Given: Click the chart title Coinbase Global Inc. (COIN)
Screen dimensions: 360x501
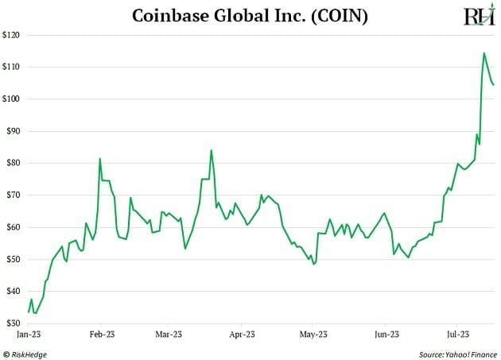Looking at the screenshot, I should point(250,15).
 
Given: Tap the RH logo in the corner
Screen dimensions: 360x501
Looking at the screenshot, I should point(478,16).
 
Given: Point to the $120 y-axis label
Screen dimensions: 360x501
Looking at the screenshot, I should point(12,35).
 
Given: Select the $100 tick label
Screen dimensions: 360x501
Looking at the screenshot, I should point(12,99).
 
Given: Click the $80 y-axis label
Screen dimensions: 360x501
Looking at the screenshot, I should point(12,163).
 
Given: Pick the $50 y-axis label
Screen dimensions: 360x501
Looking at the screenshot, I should point(12,259).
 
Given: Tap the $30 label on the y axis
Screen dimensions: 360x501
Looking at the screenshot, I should point(12,323).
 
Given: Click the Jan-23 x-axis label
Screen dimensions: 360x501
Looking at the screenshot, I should point(29,335).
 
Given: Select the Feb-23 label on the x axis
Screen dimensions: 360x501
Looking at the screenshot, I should point(101,335).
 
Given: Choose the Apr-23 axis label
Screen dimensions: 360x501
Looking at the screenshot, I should point(242,335).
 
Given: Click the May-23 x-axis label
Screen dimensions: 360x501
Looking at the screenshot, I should point(313,335).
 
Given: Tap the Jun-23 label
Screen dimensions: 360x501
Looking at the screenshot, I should point(385,335).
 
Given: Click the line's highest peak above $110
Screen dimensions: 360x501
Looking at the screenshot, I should point(484,53).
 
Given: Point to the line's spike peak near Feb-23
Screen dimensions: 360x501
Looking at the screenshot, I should point(100,158).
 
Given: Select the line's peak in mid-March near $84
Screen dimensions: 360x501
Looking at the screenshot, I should point(211,150).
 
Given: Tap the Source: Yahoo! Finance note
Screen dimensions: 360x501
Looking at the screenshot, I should point(456,353).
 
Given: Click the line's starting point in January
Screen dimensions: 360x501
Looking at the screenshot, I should point(29,312).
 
